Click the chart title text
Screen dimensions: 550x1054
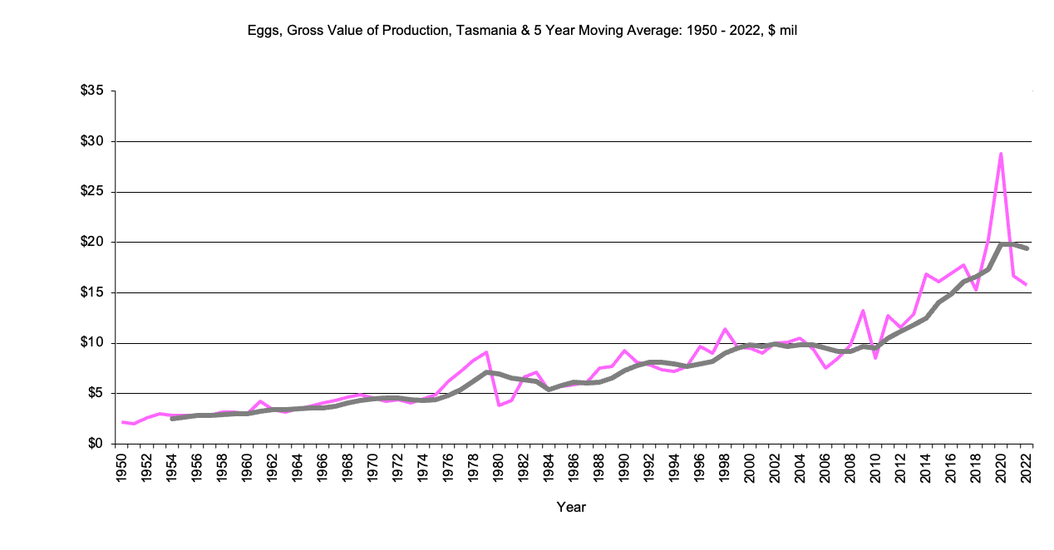click(523, 31)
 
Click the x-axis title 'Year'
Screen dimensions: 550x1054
click(571, 507)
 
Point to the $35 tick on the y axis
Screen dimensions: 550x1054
click(91, 91)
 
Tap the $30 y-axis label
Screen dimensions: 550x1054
click(91, 141)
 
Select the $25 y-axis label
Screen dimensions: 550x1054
click(91, 192)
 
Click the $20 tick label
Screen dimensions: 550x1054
click(91, 242)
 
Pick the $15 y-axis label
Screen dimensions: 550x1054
click(91, 292)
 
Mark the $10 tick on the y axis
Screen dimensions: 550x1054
click(91, 343)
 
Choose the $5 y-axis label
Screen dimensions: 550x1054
click(95, 393)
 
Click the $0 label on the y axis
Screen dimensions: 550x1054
click(95, 444)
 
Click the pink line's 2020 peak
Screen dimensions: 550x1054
click(1001, 154)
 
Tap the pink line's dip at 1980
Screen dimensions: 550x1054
click(499, 405)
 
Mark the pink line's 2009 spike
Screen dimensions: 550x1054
click(863, 311)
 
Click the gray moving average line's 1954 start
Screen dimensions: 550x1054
click(172, 419)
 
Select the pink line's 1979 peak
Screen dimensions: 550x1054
click(486, 352)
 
